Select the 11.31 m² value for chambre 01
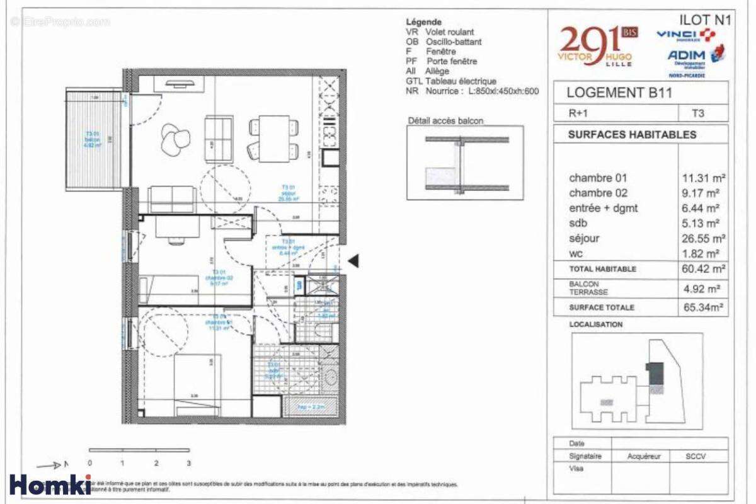pyautogui.click(x=703, y=178)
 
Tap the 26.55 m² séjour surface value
pyautogui.click(x=703, y=239)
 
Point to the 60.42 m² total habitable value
pyautogui.click(x=703, y=269)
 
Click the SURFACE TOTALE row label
pyautogui.click(x=601, y=307)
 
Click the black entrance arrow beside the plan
pyautogui.click(x=354, y=260)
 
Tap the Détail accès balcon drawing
pyautogui.click(x=465, y=163)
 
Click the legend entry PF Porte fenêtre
pyautogui.click(x=442, y=61)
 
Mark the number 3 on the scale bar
pyautogui.click(x=188, y=463)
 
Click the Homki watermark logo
pyautogui.click(x=50, y=484)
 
